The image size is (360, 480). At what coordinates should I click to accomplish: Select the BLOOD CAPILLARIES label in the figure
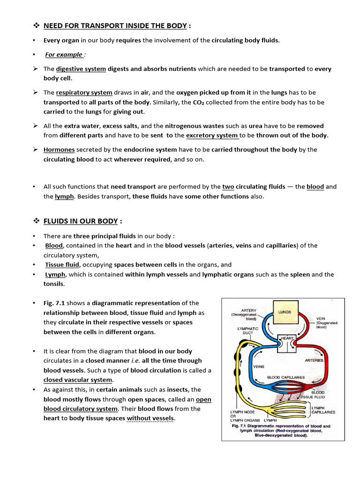(x=285, y=377)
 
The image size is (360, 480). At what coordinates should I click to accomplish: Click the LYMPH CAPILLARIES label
(x=323, y=410)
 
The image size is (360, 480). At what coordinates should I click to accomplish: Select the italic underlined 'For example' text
(x=64, y=54)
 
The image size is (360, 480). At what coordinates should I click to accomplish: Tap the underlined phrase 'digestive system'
(x=81, y=69)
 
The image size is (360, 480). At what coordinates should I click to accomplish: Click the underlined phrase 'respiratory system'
(x=84, y=92)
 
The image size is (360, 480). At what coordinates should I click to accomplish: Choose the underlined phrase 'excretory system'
(x=212, y=135)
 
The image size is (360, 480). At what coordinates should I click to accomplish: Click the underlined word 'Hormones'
(x=59, y=150)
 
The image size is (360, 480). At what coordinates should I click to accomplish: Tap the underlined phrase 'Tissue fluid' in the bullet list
(x=62, y=265)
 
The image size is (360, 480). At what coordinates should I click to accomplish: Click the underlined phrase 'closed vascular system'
(x=78, y=380)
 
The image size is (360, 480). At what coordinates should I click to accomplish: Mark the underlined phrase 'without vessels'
(x=150, y=418)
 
